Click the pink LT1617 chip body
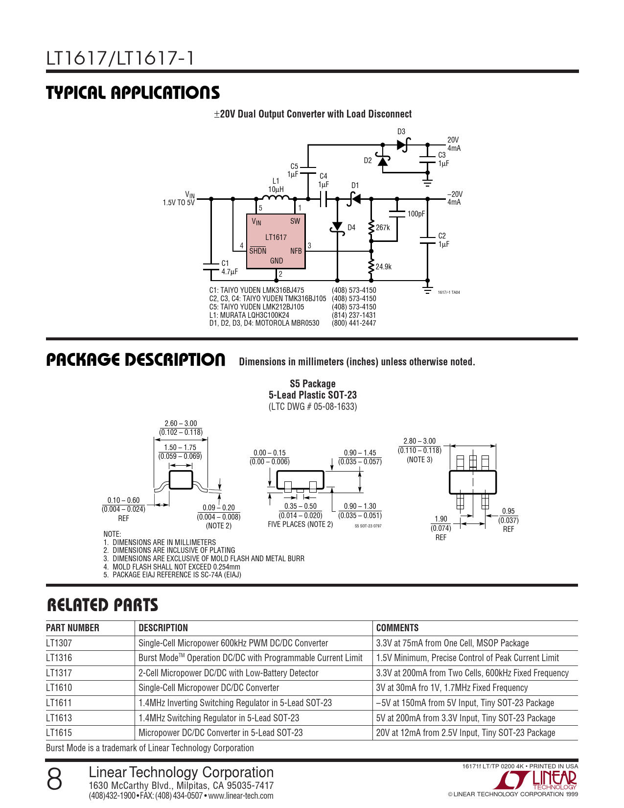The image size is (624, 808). [x=276, y=241]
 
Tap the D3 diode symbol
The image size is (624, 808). [x=402, y=144]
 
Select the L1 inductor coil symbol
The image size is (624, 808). [x=276, y=197]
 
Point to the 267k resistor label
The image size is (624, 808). [x=383, y=228]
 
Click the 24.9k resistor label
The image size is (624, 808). [x=384, y=267]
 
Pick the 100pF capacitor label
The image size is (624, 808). [x=416, y=214]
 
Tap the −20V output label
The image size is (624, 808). [x=455, y=194]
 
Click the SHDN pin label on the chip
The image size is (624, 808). [x=258, y=251]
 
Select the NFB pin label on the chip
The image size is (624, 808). [x=296, y=251]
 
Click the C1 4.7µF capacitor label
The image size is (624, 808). [x=229, y=267]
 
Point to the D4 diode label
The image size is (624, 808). [x=351, y=228]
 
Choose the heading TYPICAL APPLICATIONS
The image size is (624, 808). [x=133, y=93]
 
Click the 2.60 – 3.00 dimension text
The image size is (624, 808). [x=181, y=424]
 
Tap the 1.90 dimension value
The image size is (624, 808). [x=440, y=519]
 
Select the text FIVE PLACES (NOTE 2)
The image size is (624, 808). [x=300, y=524]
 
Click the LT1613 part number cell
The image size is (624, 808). [x=59, y=718]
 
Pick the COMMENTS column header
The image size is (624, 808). [x=397, y=628]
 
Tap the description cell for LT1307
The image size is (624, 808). [x=233, y=643]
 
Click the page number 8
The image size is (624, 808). [x=55, y=779]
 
